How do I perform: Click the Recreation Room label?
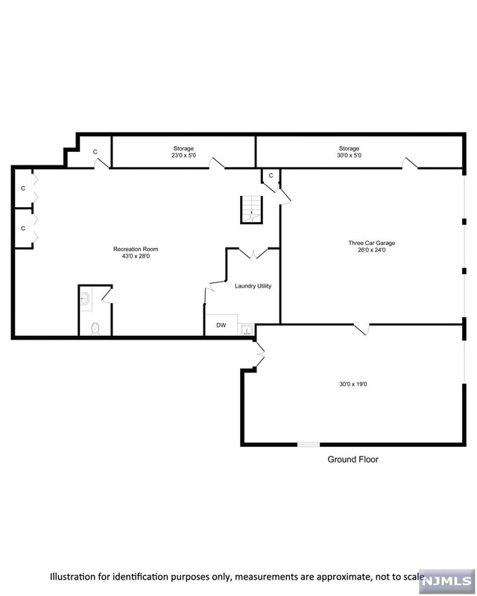136,249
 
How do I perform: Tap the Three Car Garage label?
371,243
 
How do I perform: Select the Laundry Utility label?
253,286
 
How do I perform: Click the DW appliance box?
221,326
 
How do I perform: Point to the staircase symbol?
252,209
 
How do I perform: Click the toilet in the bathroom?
95,327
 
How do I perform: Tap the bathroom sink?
85,299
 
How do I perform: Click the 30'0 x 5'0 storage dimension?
349,156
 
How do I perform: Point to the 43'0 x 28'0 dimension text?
136,257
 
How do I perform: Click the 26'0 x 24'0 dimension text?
371,251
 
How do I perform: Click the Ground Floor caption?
353,460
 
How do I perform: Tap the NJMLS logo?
446,579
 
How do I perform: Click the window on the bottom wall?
309,445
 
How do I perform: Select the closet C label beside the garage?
271,176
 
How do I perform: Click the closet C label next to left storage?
95,152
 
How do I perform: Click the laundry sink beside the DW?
247,329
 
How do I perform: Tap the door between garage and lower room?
362,328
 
